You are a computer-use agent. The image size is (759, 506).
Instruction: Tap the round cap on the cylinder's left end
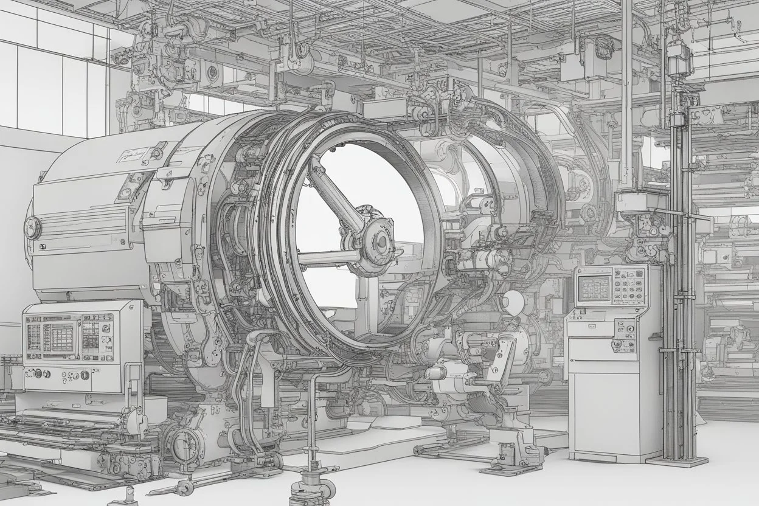(x=32, y=228)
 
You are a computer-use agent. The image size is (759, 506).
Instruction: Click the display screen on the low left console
(x=58, y=336)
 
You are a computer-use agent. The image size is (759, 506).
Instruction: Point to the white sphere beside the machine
(x=514, y=300)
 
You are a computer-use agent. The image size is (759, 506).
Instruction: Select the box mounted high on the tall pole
(x=680, y=58)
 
